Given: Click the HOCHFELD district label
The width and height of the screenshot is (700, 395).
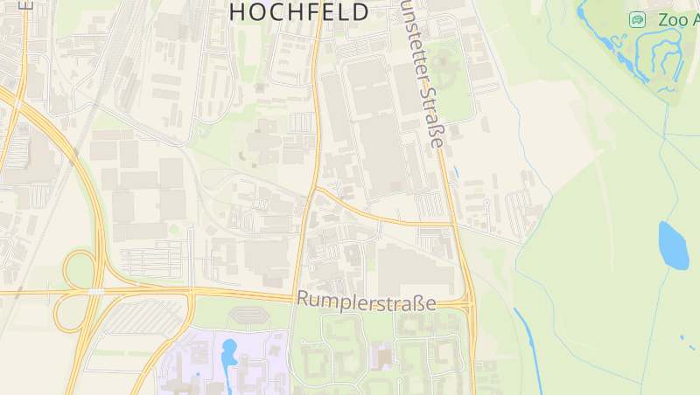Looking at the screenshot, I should point(298,11).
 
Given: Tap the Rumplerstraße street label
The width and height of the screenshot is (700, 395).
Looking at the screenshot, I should point(366,301).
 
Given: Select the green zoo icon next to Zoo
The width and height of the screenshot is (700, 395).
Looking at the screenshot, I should point(638,19).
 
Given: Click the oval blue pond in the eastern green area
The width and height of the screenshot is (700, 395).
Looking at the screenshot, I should point(672,246).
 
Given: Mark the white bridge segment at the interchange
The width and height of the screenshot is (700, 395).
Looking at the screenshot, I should point(94,290).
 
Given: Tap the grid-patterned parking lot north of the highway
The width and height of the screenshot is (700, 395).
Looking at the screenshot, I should point(153,262).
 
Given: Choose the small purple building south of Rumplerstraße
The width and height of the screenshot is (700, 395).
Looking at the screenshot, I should point(381,357).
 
